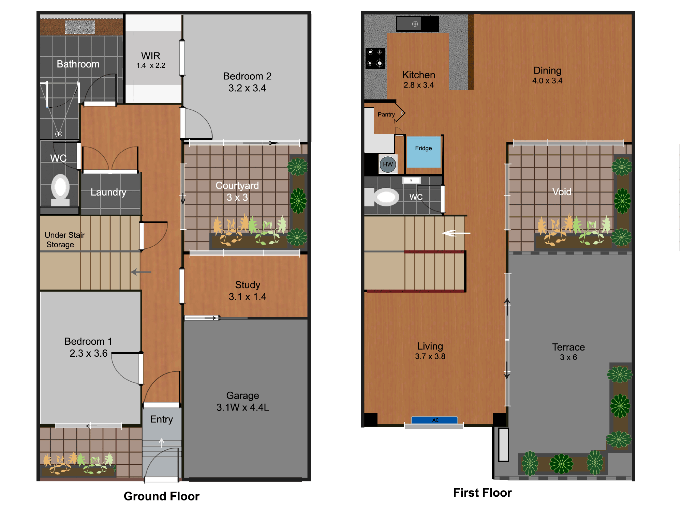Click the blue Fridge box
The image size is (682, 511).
coord(424,152)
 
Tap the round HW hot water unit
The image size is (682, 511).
coord(388,164)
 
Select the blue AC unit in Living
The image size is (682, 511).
coord(434,420)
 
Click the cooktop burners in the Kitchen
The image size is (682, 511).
coord(375,58)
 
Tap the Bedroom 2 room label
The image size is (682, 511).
coord(247,76)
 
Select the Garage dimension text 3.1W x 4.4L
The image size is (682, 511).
coord(243,407)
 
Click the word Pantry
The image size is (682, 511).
coord(386,114)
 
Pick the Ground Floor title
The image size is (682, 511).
coord(161,496)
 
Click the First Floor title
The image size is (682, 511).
coord(482,493)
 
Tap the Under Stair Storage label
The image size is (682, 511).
coord(64,240)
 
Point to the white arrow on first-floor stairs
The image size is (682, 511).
coord(456,233)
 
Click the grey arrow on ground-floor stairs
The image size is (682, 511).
coord(141,272)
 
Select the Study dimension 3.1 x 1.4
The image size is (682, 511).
coord(248,297)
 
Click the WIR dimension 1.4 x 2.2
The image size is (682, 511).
coord(151,65)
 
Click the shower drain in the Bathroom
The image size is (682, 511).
coord(59,134)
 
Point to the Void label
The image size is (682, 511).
coord(562,192)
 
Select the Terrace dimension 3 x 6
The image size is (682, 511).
coord(568,357)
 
